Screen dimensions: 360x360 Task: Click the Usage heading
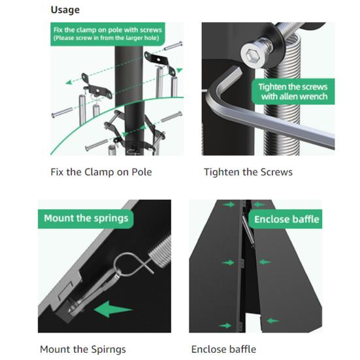[x=65, y=10]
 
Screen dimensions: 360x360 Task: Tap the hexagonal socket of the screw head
[x=251, y=56]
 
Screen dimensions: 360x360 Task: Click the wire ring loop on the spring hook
[x=126, y=264]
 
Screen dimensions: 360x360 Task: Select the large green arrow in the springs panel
[x=113, y=309]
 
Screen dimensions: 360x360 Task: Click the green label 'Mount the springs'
[x=86, y=219]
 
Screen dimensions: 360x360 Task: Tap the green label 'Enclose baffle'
[x=286, y=220]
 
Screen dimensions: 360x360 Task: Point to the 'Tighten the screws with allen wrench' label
[x=293, y=91]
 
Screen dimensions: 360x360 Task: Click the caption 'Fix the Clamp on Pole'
[x=101, y=172]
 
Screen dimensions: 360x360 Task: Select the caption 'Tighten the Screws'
[x=248, y=172]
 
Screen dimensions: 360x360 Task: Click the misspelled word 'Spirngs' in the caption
[x=108, y=350]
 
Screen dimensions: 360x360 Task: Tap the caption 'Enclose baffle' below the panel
[x=223, y=350]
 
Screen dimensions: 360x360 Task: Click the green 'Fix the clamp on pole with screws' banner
[x=108, y=34]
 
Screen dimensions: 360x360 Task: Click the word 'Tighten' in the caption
[x=221, y=172]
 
